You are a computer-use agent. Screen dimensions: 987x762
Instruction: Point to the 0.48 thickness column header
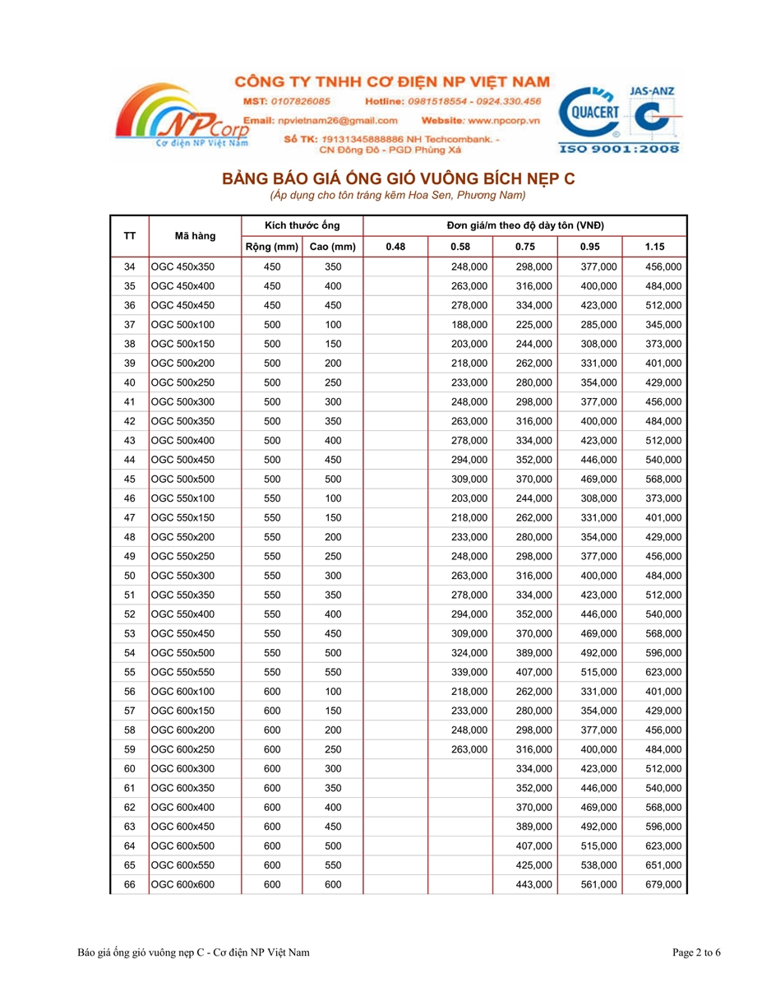point(395,247)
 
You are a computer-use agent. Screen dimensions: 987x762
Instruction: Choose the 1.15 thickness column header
point(654,247)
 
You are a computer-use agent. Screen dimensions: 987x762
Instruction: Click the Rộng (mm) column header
point(271,247)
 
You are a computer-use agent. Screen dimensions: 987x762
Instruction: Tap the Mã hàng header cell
point(195,236)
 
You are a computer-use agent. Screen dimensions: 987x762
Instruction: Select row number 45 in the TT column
point(129,479)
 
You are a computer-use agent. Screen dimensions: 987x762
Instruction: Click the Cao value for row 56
point(332,691)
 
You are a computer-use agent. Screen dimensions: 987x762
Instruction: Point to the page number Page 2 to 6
point(696,952)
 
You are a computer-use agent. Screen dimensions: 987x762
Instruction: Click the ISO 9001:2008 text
point(619,149)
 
